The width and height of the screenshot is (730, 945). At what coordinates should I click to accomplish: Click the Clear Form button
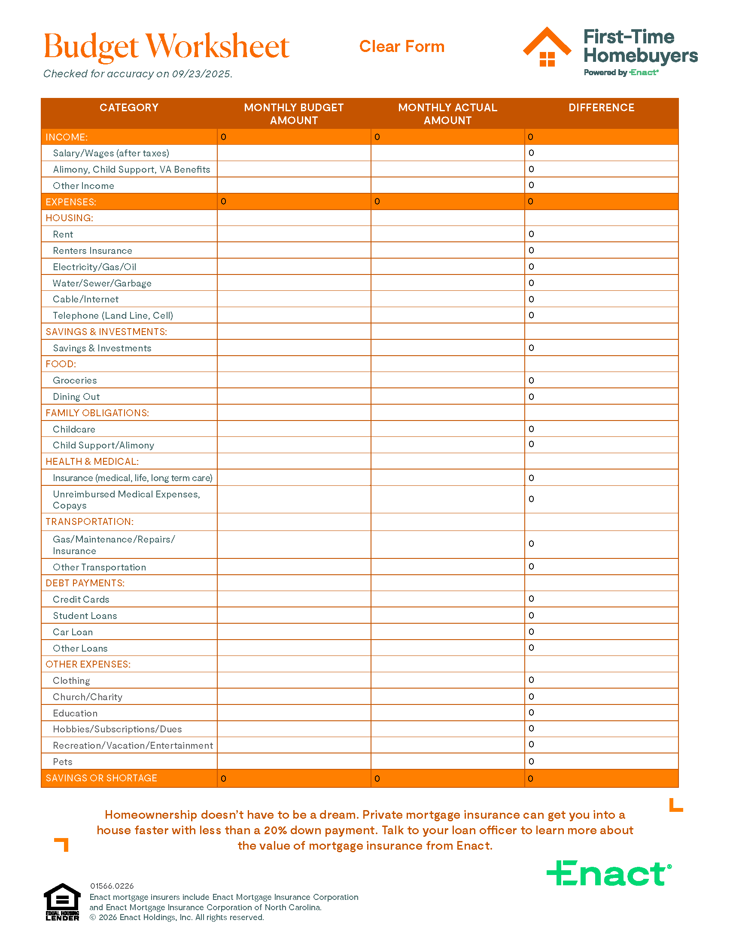coord(401,46)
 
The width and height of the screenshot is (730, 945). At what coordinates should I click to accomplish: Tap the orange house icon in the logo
coord(547,48)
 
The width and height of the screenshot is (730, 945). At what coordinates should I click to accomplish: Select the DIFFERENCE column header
coord(601,108)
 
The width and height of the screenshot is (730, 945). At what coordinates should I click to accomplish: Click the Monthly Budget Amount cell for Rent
coord(294,234)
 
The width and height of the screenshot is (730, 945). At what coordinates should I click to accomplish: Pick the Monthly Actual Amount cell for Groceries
coord(447,380)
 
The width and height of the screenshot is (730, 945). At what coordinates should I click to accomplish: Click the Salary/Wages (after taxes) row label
coord(111,153)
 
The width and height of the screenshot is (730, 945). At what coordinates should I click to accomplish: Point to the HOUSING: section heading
coord(69,218)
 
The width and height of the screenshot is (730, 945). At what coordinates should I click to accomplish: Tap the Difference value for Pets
coord(532,762)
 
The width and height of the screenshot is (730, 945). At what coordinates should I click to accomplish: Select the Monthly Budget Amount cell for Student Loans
coord(294,615)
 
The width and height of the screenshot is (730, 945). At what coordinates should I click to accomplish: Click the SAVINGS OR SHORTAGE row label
coord(101,778)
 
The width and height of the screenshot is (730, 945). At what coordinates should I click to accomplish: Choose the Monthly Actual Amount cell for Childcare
coord(447,429)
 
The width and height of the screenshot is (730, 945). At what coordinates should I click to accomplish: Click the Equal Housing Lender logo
coord(62,902)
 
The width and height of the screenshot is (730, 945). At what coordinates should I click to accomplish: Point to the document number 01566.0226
coord(112,886)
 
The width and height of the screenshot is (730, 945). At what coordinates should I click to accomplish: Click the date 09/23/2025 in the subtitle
coord(201,74)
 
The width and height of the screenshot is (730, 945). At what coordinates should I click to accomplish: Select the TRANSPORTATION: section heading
coord(89,522)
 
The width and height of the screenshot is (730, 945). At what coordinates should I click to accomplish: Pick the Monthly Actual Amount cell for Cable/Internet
coord(447,299)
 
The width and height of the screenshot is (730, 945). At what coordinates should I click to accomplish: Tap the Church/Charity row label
coord(87,697)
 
